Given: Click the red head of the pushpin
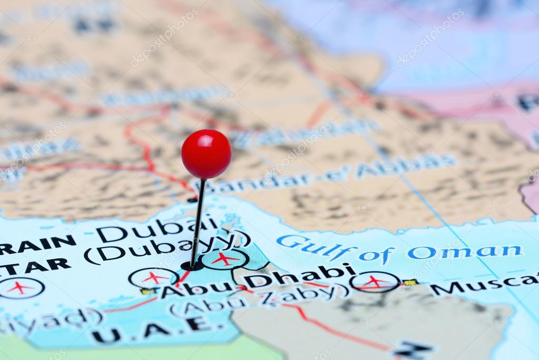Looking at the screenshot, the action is (x=207, y=154).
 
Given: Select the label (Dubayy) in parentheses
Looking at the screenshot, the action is (x=166, y=248).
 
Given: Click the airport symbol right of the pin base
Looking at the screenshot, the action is (x=225, y=259).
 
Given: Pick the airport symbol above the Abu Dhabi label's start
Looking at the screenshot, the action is (x=153, y=278).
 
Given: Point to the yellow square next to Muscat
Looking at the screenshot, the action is (x=410, y=283).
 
